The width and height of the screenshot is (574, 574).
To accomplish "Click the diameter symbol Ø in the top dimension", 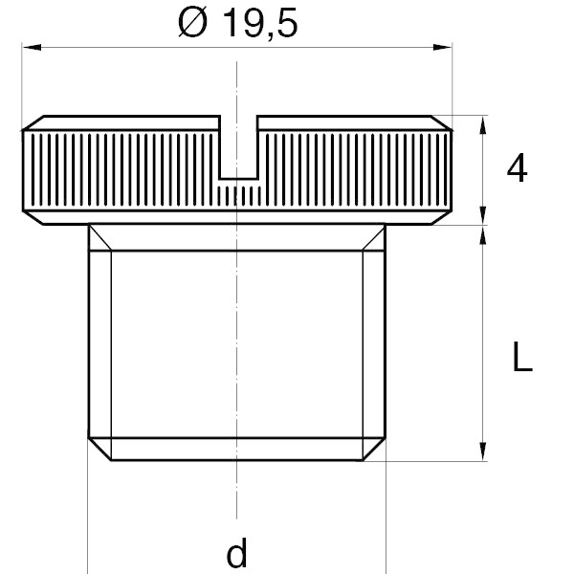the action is tap(192, 23).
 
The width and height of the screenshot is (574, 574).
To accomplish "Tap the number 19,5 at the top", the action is tap(260, 23).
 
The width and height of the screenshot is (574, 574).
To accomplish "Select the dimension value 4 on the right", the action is tap(517, 168).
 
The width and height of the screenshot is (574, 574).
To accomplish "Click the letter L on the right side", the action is tap(522, 357).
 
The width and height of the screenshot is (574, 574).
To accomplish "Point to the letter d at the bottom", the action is tap(237, 554).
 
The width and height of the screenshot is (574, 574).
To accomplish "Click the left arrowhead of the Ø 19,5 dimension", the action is tap(32, 47).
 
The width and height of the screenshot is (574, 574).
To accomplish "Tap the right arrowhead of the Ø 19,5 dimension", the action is tap(442, 47).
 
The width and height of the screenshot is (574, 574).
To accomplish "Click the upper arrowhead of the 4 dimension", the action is tap(483, 124).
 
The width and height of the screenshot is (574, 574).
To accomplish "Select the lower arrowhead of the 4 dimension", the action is tap(483, 215).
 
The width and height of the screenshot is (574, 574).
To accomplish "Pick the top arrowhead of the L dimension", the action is tap(483, 234).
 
